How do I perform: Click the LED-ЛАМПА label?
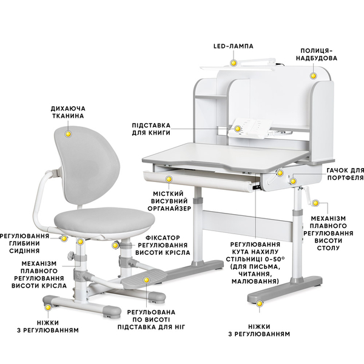click(234, 46)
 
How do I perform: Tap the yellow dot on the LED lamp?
click(234, 63)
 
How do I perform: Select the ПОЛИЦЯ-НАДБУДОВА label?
click(317, 55)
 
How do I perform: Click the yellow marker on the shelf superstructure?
click(314, 76)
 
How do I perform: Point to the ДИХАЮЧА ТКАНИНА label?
click(68, 112)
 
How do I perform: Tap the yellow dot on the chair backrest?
click(68, 134)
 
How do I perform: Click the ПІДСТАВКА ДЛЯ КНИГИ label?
click(151, 129)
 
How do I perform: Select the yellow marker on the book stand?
click(237, 129)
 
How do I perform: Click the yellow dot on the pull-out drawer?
click(169, 179)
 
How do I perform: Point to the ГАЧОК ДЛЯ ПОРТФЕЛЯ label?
click(345, 174)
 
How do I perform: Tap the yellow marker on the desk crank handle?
click(315, 203)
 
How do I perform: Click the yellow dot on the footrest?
click(146, 280)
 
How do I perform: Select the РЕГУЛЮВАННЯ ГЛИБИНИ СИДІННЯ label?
click(25, 243)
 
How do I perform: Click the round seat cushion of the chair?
click(104, 220)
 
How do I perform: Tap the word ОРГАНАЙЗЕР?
click(169, 209)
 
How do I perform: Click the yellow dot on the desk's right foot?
click(260, 303)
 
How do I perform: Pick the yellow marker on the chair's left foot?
click(48, 308)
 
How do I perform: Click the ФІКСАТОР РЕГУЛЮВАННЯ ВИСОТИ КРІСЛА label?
click(163, 245)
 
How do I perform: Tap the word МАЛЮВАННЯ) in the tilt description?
click(255, 281)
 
